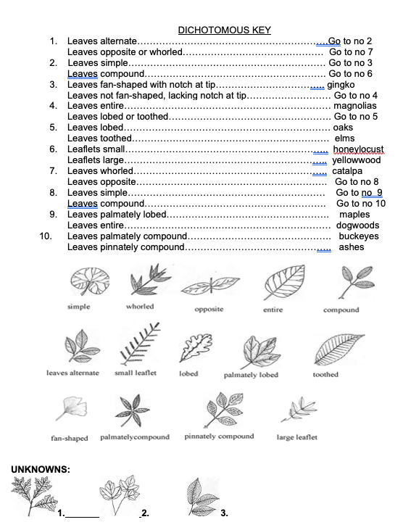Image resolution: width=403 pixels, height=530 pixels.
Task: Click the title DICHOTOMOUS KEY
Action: [x=224, y=30]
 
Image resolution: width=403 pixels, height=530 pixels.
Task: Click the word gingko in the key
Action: [x=341, y=84]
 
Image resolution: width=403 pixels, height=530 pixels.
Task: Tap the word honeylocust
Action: [x=358, y=149]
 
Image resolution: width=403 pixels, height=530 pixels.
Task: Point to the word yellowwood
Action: [x=356, y=160]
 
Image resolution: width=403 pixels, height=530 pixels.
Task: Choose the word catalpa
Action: [x=348, y=171]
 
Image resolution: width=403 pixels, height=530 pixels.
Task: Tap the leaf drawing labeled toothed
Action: [x=335, y=349]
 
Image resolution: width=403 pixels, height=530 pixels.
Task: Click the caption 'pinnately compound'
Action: [x=219, y=436]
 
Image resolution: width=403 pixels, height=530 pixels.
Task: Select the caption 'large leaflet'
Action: [x=296, y=437]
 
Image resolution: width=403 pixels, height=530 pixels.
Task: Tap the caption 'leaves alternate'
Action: [x=72, y=373]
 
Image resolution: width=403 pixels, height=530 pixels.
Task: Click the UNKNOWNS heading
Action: [x=40, y=469]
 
